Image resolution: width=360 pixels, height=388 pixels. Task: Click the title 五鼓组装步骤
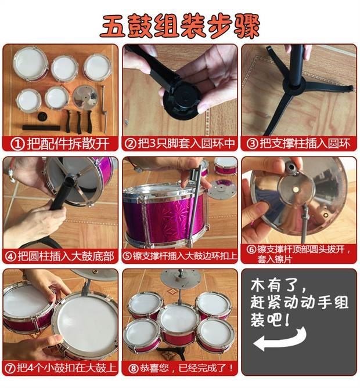180,26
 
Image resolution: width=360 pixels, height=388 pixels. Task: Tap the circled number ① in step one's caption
17,144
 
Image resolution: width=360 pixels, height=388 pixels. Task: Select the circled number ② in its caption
130,144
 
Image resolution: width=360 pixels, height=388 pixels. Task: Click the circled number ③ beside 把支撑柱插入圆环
252,144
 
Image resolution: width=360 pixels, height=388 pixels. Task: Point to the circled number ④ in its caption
10,256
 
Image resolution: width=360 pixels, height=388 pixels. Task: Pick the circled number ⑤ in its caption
127,256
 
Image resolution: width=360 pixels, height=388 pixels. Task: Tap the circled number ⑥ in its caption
251,249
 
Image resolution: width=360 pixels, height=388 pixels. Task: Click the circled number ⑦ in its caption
10,368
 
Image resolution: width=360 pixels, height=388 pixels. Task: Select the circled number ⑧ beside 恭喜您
134,368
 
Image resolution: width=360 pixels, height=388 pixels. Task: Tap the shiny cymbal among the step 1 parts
85,96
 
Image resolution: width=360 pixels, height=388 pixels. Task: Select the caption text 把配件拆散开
68,144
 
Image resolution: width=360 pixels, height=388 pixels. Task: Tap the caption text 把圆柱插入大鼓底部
66,256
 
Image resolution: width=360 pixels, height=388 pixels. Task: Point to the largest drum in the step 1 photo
30,64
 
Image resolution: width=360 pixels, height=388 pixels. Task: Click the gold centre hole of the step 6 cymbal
296,190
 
